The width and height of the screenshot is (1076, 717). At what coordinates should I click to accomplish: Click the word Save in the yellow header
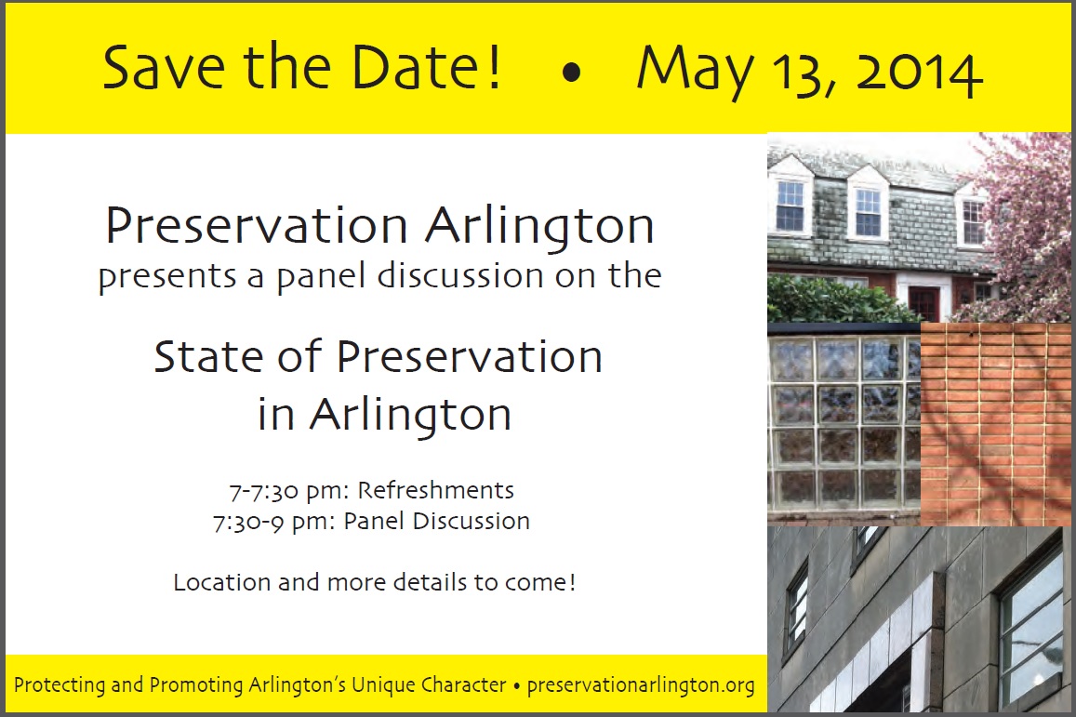tap(164, 67)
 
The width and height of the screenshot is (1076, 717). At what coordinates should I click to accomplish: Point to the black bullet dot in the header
tap(571, 73)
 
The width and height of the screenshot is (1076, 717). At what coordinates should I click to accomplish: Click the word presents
tap(168, 276)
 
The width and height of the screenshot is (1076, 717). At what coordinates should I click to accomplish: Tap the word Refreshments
tap(436, 490)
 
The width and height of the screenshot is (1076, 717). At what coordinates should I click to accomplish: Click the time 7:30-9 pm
tap(273, 522)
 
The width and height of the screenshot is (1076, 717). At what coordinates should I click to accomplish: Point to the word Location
tap(221, 582)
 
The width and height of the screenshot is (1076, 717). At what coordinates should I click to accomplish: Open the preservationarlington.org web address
tap(641, 684)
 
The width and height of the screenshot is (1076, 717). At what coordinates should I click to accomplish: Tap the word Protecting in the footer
tap(60, 684)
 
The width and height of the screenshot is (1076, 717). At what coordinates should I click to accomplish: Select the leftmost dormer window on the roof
tap(790, 206)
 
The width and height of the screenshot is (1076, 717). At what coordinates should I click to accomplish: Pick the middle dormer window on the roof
tap(868, 212)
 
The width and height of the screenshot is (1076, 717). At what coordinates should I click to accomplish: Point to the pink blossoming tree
tap(1022, 226)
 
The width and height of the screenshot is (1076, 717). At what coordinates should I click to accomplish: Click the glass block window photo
tap(844, 424)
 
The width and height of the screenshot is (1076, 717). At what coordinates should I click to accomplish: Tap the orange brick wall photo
tap(995, 424)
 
